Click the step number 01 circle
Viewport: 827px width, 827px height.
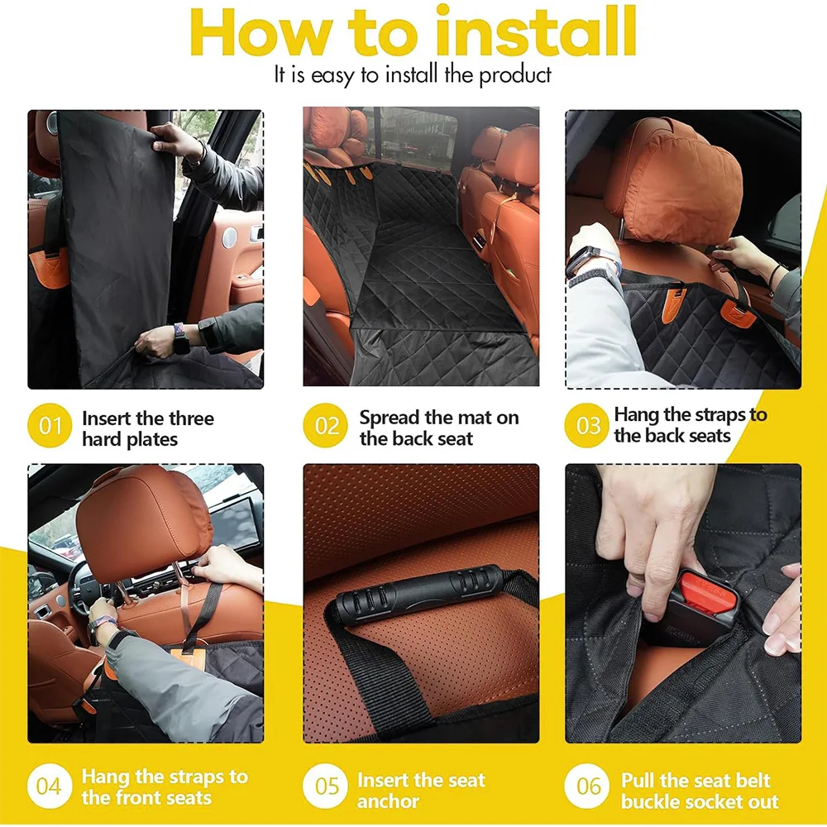[50, 427]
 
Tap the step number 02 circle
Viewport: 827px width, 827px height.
[327, 427]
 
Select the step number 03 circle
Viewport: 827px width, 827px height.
[588, 427]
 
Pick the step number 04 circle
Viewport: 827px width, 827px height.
[49, 786]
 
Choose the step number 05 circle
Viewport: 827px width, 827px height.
[327, 786]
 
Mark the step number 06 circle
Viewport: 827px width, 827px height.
[588, 786]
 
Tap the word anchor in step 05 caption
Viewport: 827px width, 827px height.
[388, 801]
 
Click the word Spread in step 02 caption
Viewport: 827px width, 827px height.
[389, 418]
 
